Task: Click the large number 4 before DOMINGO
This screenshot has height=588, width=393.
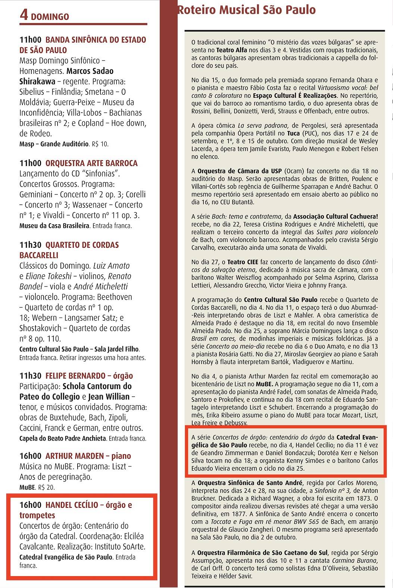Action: pyautogui.click(x=24, y=15)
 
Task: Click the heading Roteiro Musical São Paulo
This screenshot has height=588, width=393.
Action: pyautogui.click(x=246, y=10)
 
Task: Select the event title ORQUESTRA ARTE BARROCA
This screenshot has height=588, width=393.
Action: pyautogui.click(x=91, y=163)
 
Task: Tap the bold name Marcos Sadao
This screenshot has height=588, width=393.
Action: pyautogui.click(x=90, y=71)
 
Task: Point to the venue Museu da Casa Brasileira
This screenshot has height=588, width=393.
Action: pyautogui.click(x=54, y=226)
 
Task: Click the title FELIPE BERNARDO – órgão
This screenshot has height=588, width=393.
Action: pyautogui.click(x=89, y=376)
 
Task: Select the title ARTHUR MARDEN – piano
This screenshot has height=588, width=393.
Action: pyautogui.click(x=88, y=456)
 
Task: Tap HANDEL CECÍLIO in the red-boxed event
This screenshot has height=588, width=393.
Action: pyautogui.click(x=71, y=505)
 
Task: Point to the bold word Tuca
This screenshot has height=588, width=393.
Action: pyautogui.click(x=293, y=133)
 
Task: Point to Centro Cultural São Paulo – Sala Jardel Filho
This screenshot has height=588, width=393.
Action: pyautogui.click(x=79, y=349)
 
